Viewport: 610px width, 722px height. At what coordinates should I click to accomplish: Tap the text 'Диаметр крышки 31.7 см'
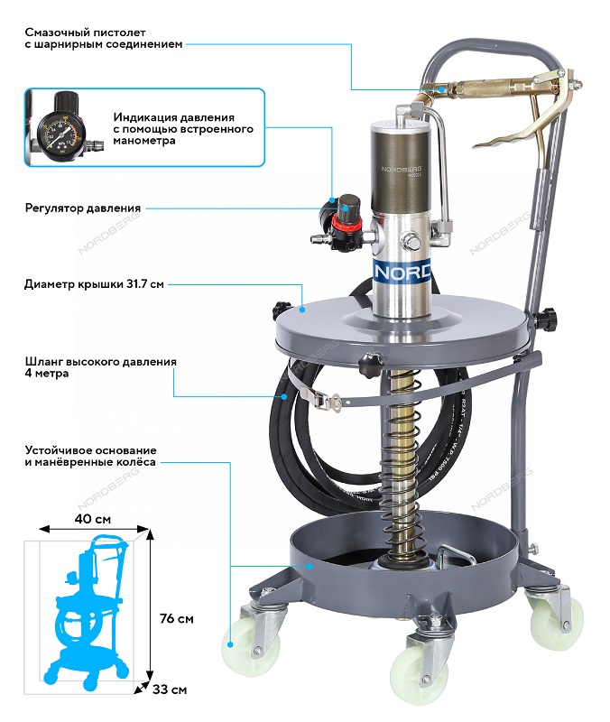94,283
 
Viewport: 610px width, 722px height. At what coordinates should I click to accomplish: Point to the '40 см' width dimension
93,520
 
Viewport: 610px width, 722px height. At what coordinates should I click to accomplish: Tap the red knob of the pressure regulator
344,214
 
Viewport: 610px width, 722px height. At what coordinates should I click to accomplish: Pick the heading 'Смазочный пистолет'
80,30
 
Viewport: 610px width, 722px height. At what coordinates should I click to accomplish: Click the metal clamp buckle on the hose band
332,401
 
